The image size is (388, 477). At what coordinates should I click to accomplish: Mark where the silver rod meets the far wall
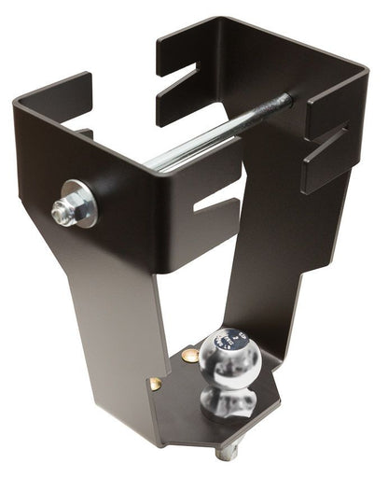(284, 100)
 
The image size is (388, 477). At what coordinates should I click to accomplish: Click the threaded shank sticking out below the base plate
(227, 452)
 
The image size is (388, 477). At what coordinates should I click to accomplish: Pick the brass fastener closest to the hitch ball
(190, 356)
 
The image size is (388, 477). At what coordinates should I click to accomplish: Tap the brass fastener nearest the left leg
(155, 383)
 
